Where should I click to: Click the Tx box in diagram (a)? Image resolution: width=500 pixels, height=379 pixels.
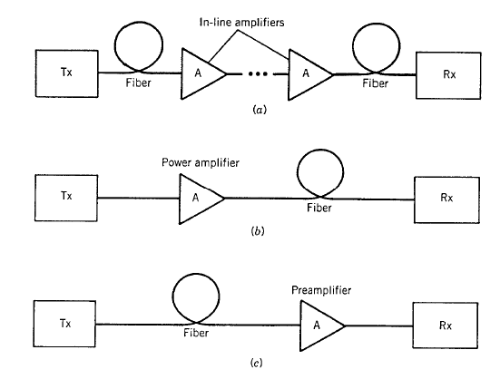pyautogui.click(x=66, y=73)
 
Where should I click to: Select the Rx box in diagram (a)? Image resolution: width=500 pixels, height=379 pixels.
pyautogui.click(x=448, y=75)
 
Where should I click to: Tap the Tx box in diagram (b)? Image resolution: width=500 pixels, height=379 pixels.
pyautogui.click(x=66, y=198)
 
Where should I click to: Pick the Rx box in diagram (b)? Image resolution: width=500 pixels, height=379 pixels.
pyautogui.click(x=446, y=199)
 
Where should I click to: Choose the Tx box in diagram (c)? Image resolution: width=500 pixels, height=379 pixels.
pyautogui.click(x=64, y=324)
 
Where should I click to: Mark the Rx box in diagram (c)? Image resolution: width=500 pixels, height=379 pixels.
pyautogui.click(x=446, y=326)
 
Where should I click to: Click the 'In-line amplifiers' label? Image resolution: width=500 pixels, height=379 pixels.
pyautogui.click(x=241, y=23)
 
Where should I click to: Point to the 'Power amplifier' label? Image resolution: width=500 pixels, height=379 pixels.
pyautogui.click(x=201, y=162)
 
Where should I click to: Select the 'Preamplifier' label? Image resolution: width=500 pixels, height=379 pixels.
pyautogui.click(x=321, y=290)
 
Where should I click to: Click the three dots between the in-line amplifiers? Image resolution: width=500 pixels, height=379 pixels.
pyautogui.click(x=258, y=74)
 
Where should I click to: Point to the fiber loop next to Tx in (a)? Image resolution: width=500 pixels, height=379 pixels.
pyautogui.click(x=139, y=23)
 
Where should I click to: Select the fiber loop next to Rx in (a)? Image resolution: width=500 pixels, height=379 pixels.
pyautogui.click(x=377, y=24)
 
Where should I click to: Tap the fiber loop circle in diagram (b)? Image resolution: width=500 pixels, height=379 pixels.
pyautogui.click(x=320, y=150)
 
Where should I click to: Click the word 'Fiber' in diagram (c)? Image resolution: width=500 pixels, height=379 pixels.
pyautogui.click(x=196, y=333)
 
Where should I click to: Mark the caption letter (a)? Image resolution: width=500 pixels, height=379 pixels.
pyautogui.click(x=259, y=110)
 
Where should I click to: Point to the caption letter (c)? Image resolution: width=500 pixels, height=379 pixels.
pyautogui.click(x=257, y=363)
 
